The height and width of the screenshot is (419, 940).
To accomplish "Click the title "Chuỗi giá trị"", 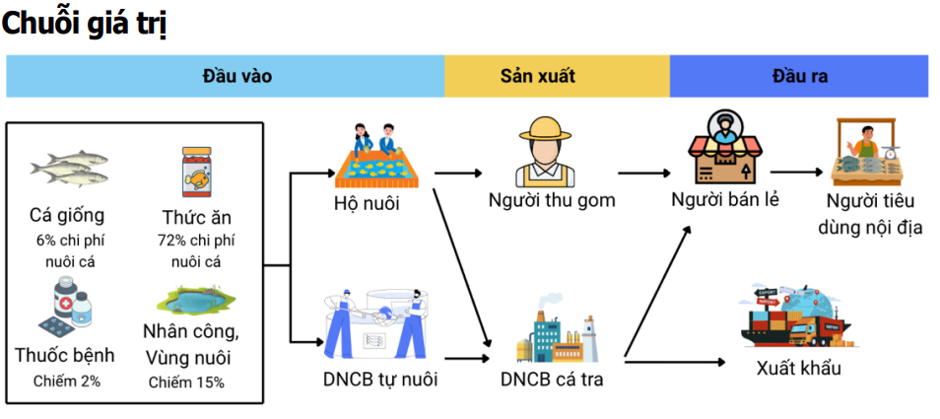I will click(x=84, y=24).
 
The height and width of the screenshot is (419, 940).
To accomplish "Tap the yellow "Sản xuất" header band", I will click(x=557, y=76).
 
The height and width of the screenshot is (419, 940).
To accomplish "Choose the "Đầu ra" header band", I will click(x=799, y=76).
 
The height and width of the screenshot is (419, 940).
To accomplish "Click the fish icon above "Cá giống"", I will click(x=68, y=170).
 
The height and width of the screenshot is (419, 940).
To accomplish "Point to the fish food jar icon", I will click(x=196, y=173).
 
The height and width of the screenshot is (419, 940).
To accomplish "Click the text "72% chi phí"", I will click(x=196, y=240).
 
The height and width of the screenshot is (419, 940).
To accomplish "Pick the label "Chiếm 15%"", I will click(x=186, y=382).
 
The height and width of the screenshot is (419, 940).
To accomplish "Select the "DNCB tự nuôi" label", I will click(x=379, y=378).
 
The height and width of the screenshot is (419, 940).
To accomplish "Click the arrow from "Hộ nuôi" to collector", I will click(x=458, y=173).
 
